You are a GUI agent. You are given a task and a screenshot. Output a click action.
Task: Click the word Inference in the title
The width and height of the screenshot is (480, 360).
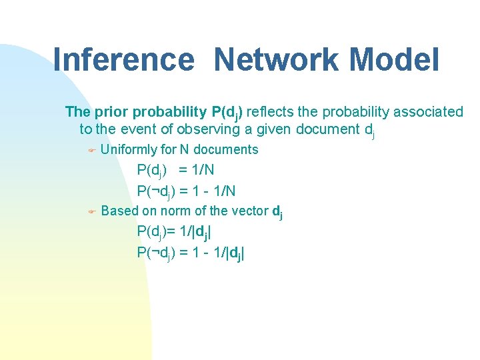click(123, 59)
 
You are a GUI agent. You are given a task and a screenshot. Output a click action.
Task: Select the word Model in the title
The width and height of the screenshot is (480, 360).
click(398, 59)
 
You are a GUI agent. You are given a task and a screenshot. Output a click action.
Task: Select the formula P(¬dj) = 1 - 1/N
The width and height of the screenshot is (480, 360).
click(186, 191)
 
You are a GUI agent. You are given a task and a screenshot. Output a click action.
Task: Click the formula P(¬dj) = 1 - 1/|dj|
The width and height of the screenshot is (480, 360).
click(191, 253)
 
